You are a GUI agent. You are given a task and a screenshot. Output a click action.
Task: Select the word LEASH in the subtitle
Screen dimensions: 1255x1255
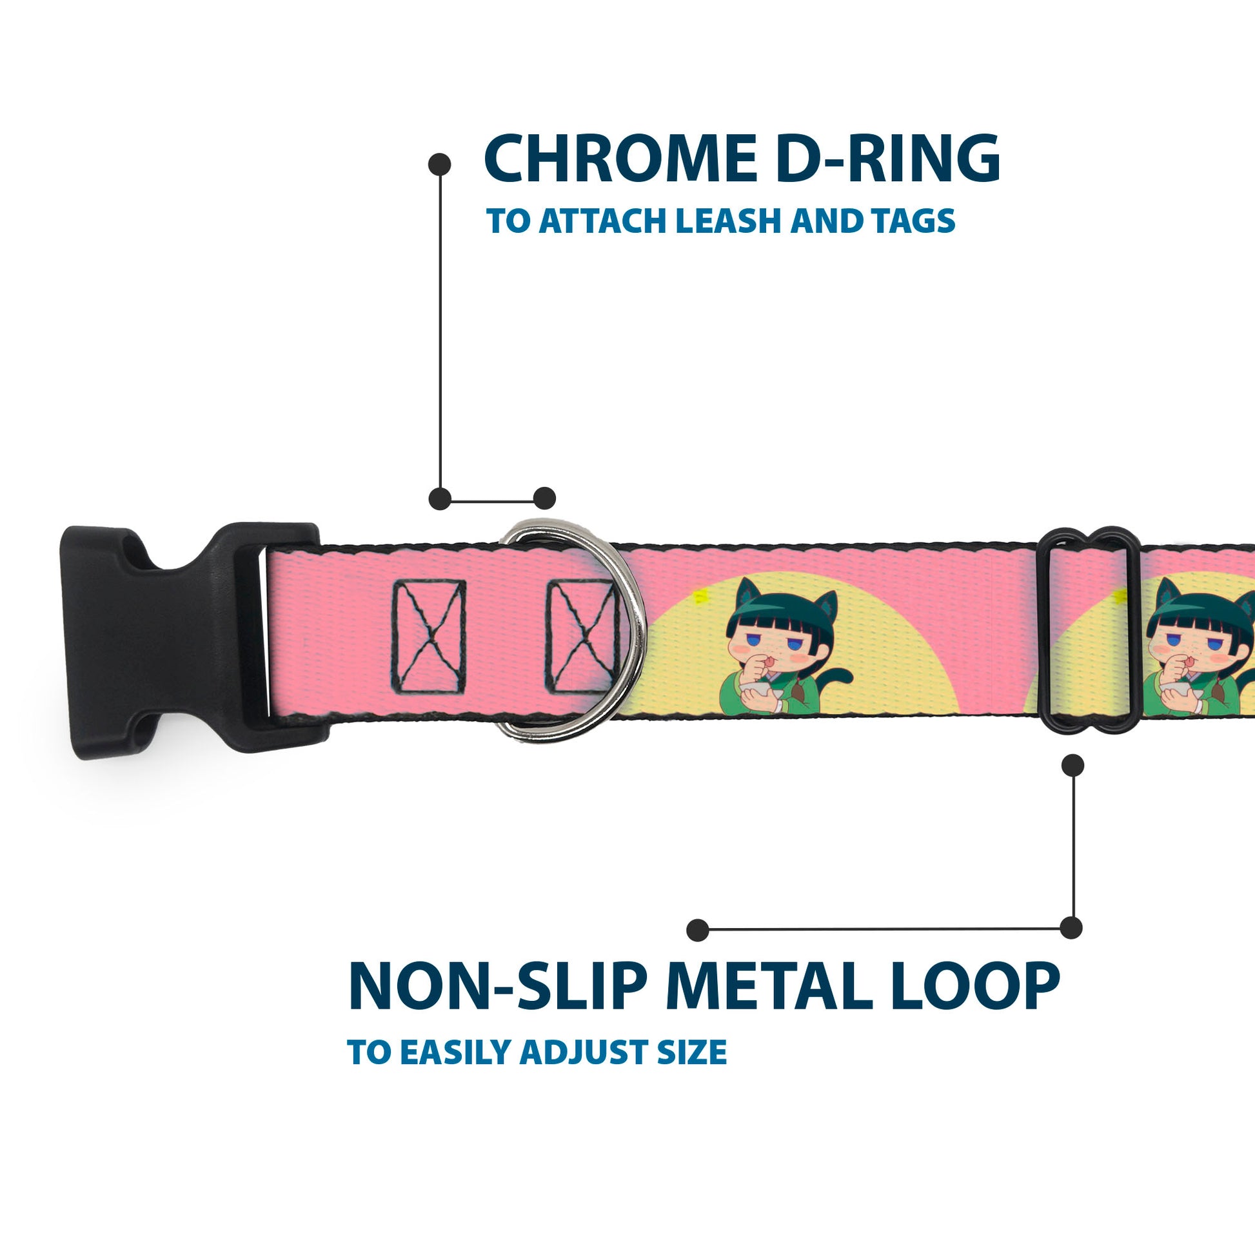point(729,221)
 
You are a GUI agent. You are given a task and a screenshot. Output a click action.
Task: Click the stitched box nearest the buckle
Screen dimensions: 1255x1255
point(429,637)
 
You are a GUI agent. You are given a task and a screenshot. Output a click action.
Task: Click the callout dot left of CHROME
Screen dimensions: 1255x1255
point(440,164)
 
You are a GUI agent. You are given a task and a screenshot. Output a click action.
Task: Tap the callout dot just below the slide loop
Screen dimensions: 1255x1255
point(1072,766)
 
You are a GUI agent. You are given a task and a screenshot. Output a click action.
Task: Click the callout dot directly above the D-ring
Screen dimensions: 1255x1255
point(544,499)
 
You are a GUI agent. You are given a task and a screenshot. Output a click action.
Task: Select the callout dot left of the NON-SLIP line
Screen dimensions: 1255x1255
point(698,929)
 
